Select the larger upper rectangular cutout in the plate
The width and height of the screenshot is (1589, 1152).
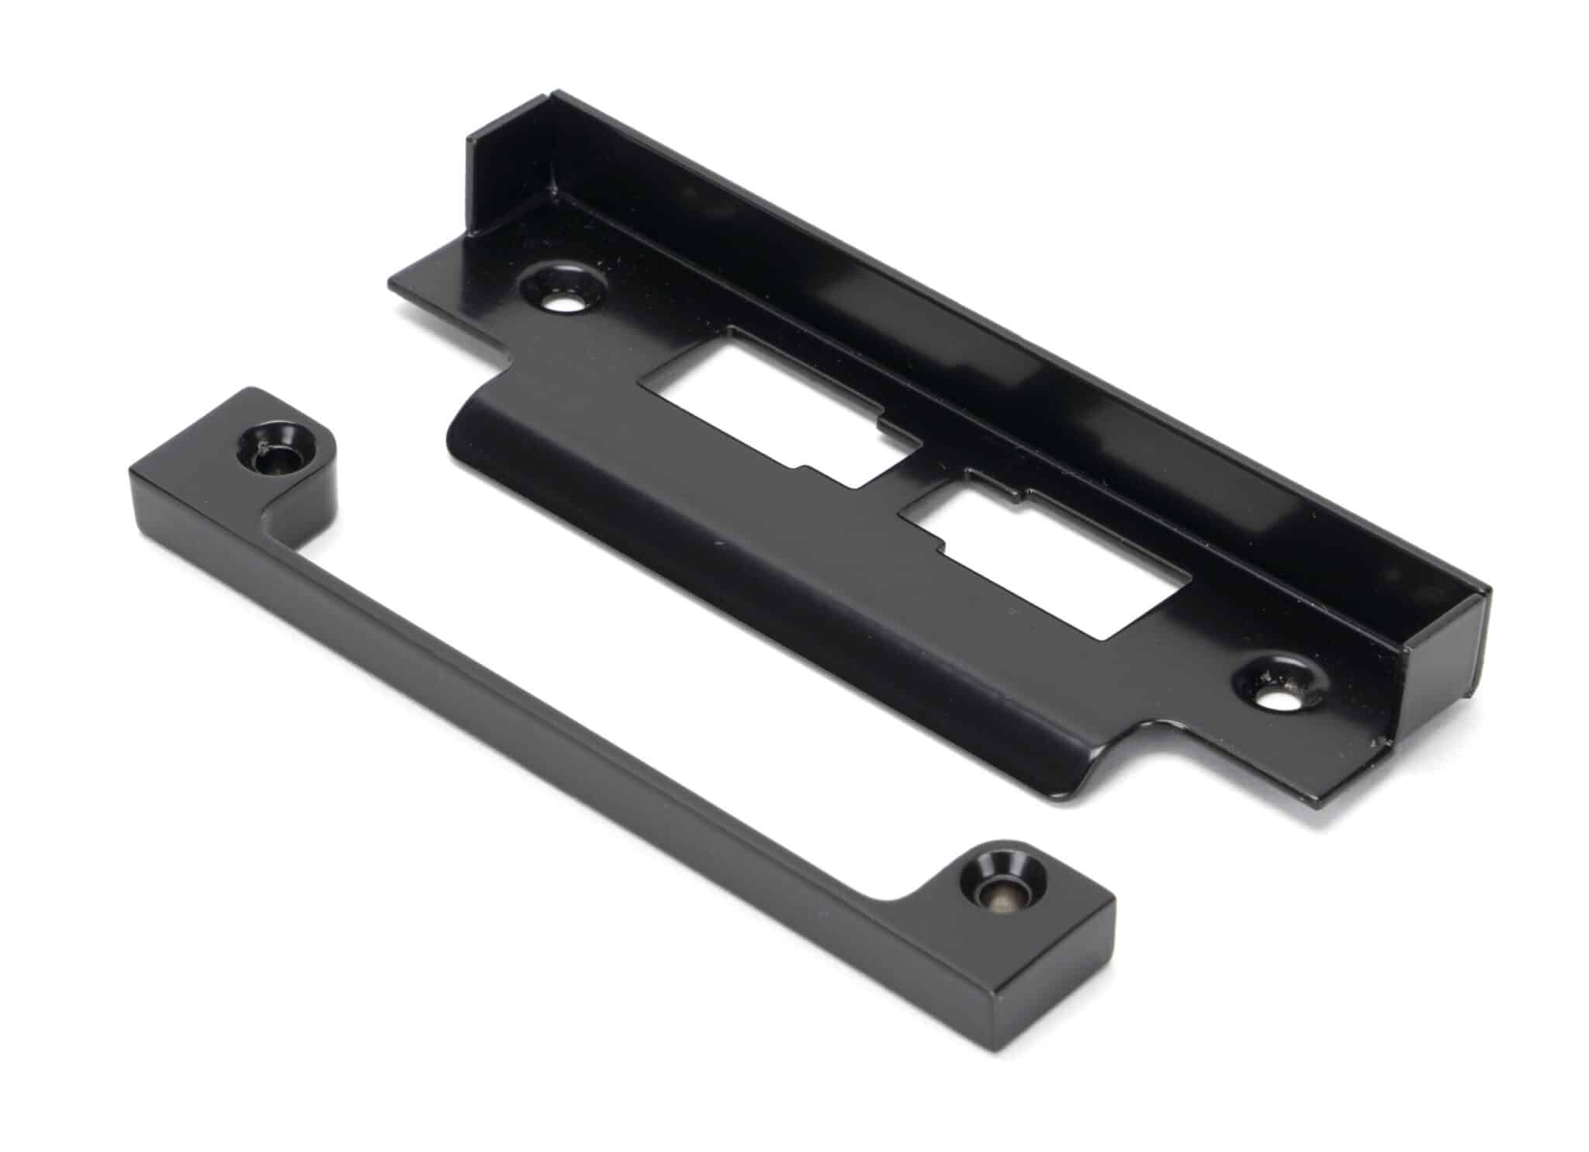click(x=776, y=403)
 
